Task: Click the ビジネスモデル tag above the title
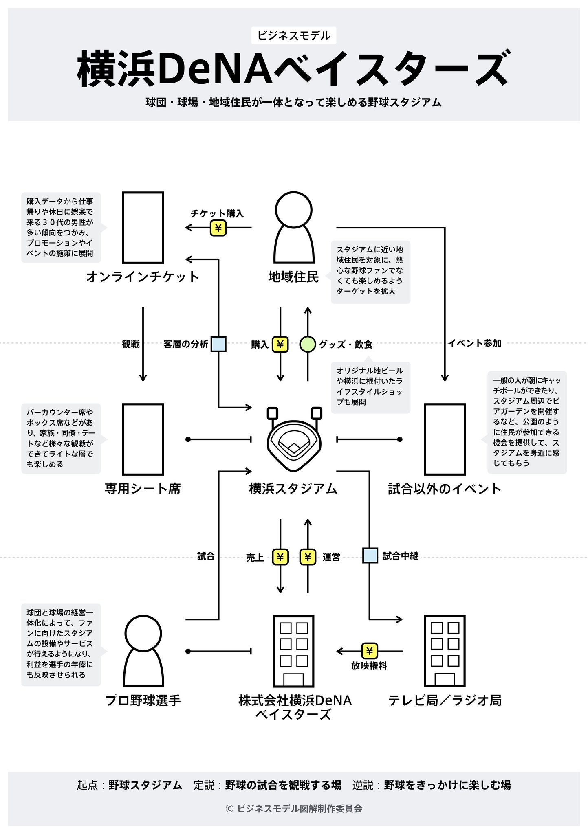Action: point(293,36)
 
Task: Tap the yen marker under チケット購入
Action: point(218,228)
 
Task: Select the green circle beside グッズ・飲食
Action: point(307,344)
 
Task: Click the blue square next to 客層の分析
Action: point(218,344)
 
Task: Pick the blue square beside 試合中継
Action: point(370,555)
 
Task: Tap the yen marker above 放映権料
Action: point(369,651)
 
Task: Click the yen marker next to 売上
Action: point(280,557)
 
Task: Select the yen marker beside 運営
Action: point(308,557)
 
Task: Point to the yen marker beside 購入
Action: point(280,344)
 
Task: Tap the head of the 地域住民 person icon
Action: point(293,210)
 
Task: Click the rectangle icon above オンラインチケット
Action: point(143,228)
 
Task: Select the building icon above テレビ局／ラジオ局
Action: point(445,651)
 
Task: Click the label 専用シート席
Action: point(143,488)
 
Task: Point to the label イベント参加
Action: point(475,343)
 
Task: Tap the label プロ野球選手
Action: point(143,700)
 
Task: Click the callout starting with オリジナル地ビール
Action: point(370,386)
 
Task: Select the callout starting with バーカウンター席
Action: point(60,438)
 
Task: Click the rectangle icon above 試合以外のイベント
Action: point(445,439)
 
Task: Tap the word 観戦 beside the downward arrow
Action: point(130,344)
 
